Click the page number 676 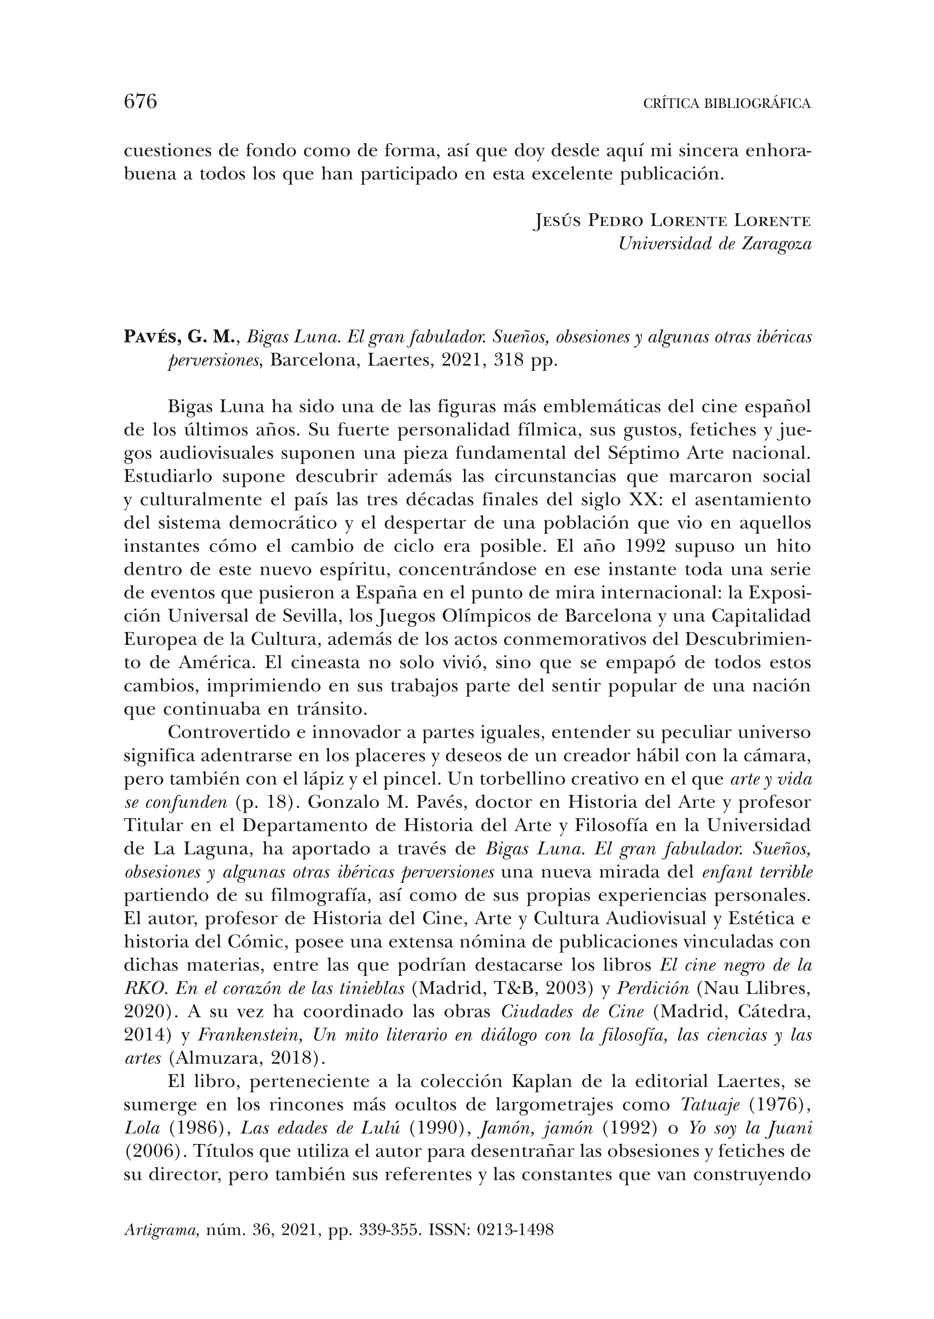141,102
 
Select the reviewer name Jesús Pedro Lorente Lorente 672,221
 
